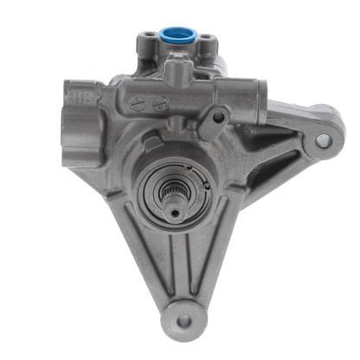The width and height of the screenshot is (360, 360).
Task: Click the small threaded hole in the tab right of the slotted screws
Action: [219, 116]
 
